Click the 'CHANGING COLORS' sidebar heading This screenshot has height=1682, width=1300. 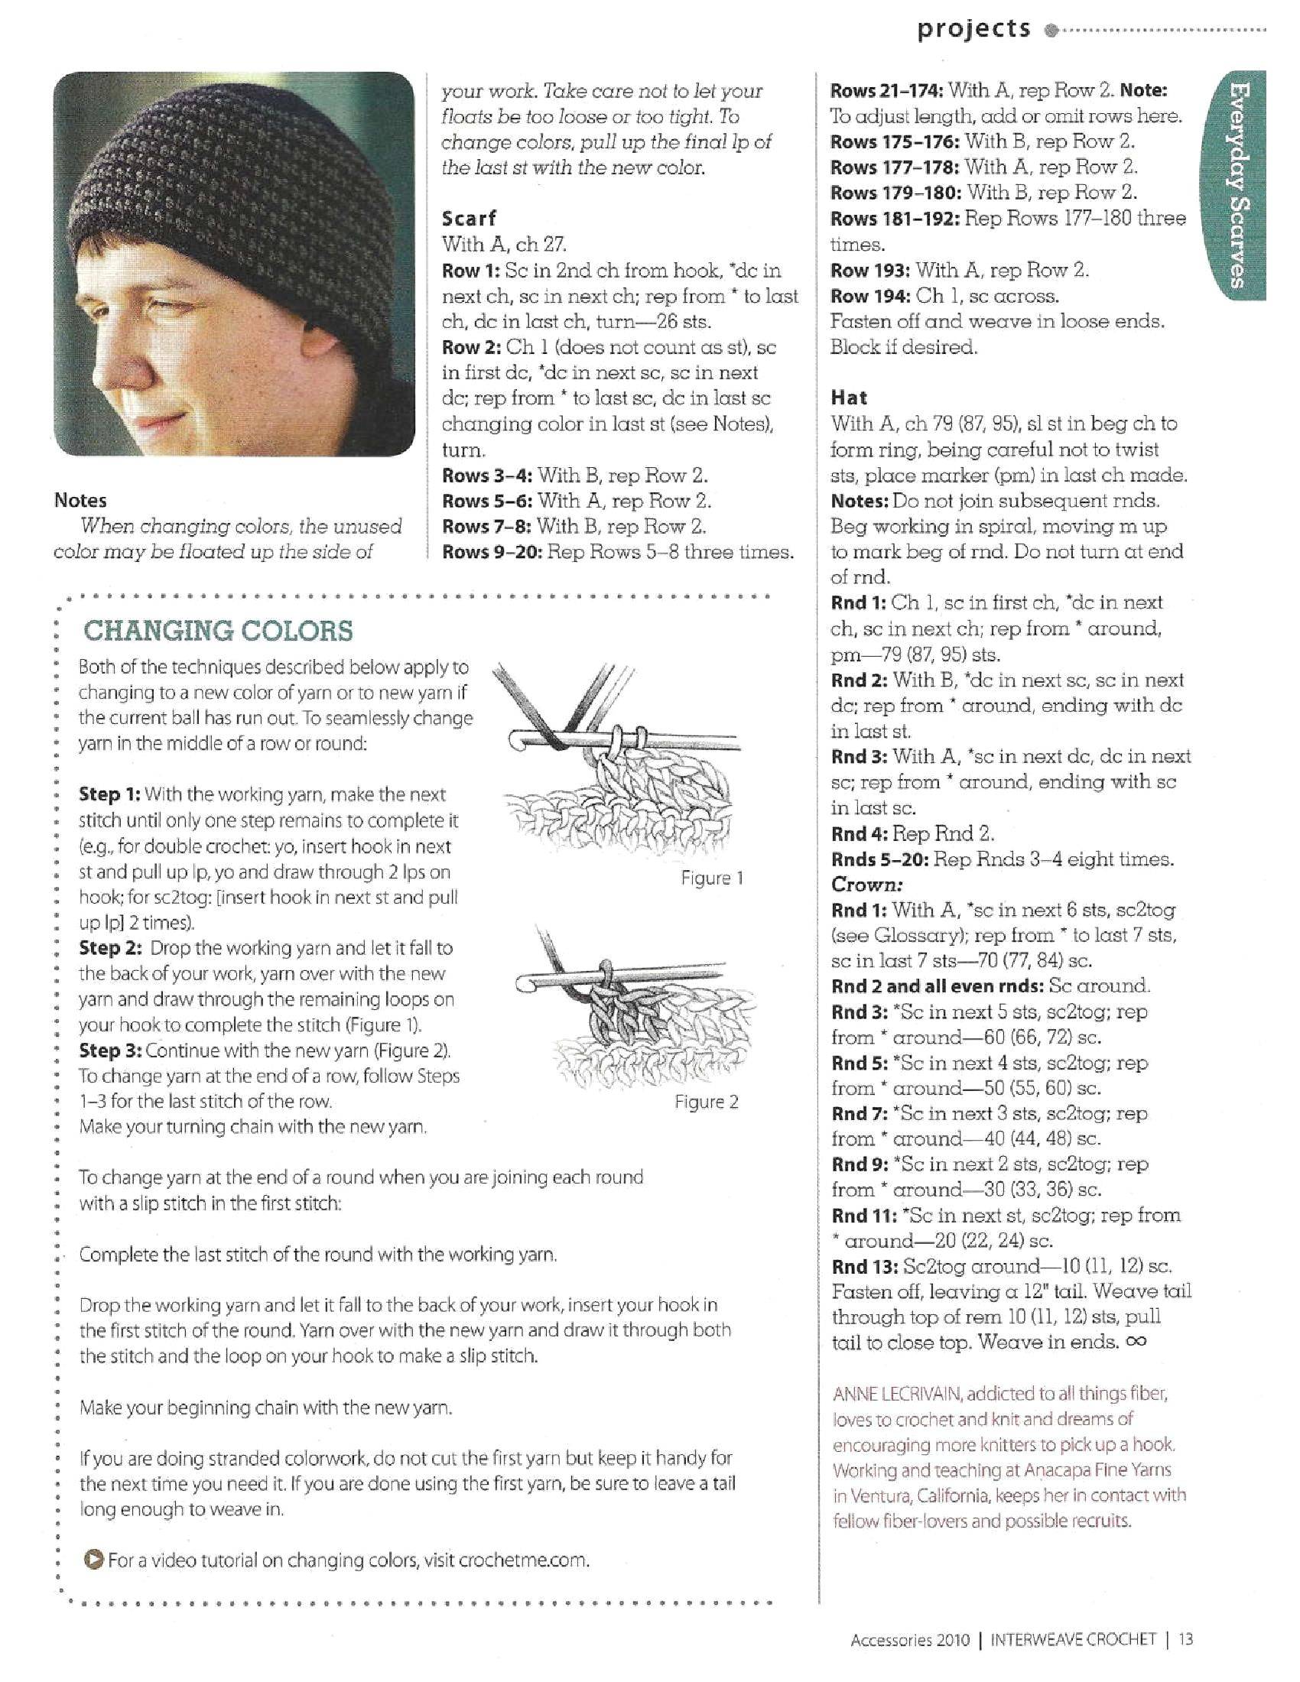coord(218,631)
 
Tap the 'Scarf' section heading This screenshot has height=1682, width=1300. coord(469,218)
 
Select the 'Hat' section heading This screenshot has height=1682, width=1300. coord(849,398)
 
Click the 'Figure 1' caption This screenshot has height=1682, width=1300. coord(713,878)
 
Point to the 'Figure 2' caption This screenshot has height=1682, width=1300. coord(707,1102)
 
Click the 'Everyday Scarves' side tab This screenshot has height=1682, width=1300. coord(1237,185)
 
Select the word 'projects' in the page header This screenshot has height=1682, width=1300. coord(973,29)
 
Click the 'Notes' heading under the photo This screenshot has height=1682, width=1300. coord(80,501)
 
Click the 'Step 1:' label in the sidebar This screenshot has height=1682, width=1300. coord(109,794)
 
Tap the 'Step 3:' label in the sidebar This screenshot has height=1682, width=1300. coord(109,1050)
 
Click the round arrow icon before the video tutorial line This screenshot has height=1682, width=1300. coord(92,1560)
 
